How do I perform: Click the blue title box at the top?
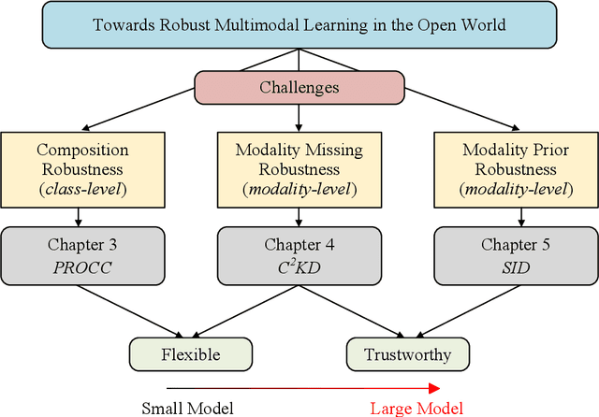pos(299,25)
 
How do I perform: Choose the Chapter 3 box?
pos(81,254)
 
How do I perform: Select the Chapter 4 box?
pos(299,254)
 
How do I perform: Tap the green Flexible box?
pos(191,354)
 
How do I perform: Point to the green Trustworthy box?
pos(407,354)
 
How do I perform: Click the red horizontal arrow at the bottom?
pos(299,387)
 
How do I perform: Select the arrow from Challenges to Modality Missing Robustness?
pos(299,117)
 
